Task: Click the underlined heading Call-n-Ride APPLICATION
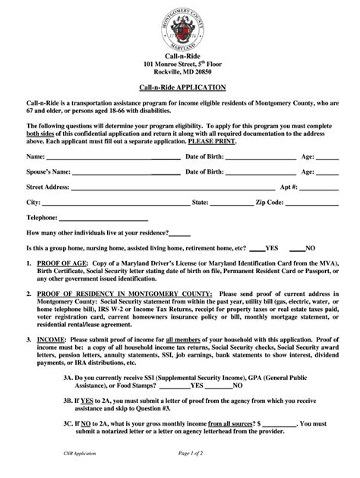point(179,87)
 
